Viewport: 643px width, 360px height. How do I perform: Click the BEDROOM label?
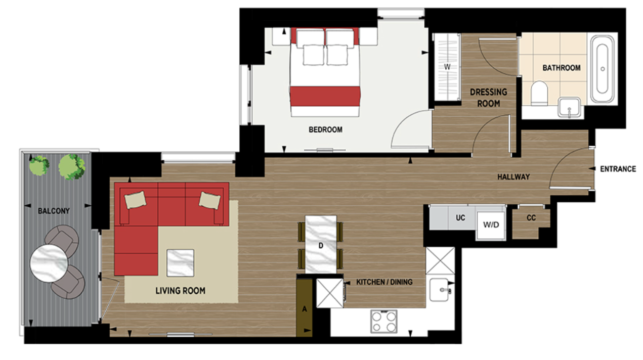click(x=325, y=130)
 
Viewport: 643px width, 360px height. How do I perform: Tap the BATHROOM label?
click(x=561, y=68)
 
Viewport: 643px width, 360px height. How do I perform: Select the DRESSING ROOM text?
click(x=488, y=98)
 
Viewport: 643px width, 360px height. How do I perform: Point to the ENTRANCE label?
click(x=618, y=169)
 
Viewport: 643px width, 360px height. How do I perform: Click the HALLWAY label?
click(x=513, y=177)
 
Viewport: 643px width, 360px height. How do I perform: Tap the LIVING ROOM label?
click(x=180, y=291)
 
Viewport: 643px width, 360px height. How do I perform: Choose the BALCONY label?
click(x=54, y=210)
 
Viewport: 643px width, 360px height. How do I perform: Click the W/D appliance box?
click(x=491, y=224)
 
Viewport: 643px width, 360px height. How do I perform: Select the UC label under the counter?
click(x=460, y=218)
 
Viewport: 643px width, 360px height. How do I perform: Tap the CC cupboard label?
click(x=531, y=218)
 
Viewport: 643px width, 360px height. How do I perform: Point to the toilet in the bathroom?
click(x=540, y=94)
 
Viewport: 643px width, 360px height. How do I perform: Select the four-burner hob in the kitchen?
click(x=384, y=321)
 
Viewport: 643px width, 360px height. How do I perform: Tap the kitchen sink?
click(x=441, y=290)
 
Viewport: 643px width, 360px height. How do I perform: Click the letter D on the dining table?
click(x=321, y=246)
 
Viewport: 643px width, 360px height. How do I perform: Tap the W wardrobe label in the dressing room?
click(x=447, y=67)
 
